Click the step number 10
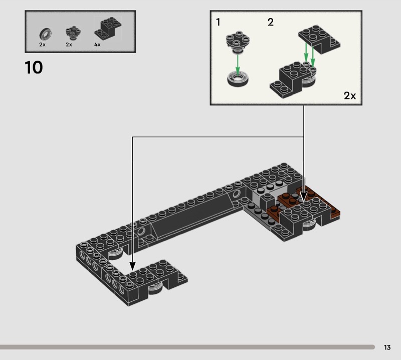[x=34, y=68]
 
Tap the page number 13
[x=387, y=347]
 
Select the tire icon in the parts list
[x=46, y=34]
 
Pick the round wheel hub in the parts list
[x=73, y=33]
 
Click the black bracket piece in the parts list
[x=108, y=29]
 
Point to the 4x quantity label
[x=97, y=45]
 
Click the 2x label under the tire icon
[x=42, y=45]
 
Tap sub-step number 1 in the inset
[x=218, y=22]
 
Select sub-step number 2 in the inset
[x=270, y=22]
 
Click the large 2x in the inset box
[x=349, y=96]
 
